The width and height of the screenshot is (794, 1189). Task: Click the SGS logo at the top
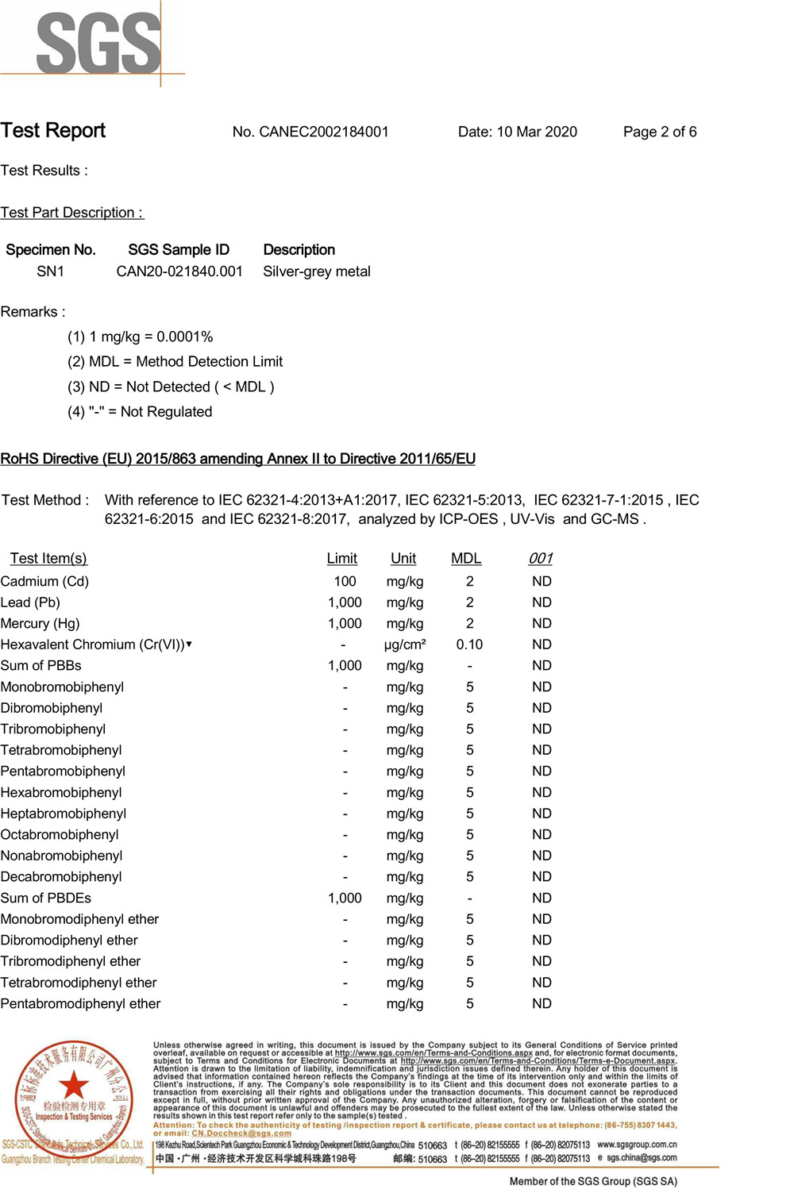98,43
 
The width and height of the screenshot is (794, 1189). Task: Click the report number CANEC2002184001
324,132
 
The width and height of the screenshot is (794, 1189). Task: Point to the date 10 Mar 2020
537,132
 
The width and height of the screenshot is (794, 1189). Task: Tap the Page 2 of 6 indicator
660,132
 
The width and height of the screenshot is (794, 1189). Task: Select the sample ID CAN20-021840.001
179,271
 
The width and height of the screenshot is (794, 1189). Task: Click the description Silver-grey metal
317,271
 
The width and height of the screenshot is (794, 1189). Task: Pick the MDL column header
466,559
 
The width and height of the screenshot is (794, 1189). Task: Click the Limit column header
342,559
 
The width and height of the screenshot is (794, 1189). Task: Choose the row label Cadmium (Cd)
44,582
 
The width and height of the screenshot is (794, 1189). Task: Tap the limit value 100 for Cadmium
345,582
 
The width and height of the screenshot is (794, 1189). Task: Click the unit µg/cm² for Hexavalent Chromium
405,645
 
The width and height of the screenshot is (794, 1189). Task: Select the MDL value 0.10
469,645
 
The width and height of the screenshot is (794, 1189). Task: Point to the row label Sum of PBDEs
46,898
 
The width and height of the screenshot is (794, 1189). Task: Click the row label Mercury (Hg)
40,624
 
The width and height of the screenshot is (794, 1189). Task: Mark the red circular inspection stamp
73,1095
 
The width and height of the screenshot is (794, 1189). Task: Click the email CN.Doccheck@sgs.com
241,1133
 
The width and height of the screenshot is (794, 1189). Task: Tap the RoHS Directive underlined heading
238,459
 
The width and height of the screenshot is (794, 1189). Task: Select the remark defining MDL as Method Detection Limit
175,362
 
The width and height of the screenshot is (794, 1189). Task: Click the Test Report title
53,131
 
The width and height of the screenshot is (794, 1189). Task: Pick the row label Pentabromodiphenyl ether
80,1004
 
